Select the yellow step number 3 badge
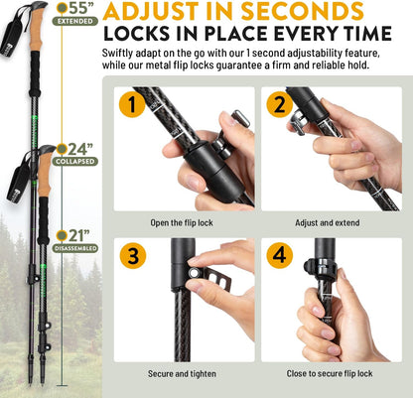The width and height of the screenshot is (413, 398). point(128,253)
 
